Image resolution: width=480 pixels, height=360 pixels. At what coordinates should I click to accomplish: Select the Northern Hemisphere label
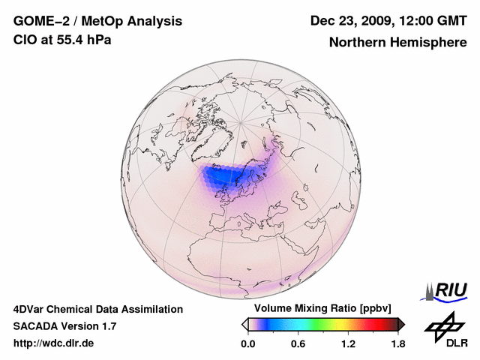(397, 43)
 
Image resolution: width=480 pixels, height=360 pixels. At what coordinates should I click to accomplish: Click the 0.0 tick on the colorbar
(248, 343)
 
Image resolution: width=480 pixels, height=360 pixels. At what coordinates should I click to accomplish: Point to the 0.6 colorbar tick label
(298, 343)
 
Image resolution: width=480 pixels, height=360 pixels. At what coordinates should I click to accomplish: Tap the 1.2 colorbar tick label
(348, 343)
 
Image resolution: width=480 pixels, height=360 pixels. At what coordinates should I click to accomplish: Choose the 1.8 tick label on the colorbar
(397, 343)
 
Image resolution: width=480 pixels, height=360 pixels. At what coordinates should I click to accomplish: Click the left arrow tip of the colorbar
(244, 324)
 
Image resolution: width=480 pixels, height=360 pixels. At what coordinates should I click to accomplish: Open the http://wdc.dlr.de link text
(54, 343)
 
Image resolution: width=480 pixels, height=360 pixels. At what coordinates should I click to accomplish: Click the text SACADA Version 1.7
(64, 326)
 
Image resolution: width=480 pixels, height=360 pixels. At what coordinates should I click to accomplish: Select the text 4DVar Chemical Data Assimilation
(98, 309)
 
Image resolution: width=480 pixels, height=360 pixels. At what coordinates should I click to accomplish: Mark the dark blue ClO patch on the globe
(225, 177)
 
